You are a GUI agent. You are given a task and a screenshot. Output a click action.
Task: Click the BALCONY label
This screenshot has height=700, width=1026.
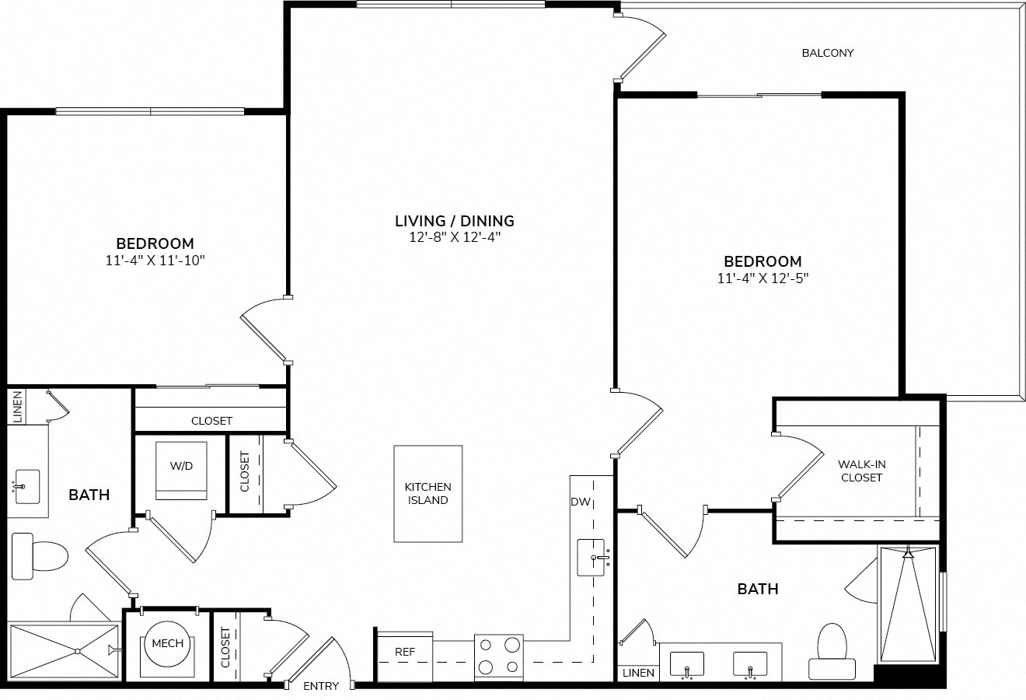click(828, 53)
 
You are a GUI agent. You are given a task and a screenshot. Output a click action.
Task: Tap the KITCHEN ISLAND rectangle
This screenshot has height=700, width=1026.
click(427, 494)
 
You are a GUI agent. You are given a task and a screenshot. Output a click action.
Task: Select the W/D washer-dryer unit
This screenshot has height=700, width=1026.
click(181, 471)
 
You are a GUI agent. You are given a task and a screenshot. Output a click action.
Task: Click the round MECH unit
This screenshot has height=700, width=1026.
click(167, 644)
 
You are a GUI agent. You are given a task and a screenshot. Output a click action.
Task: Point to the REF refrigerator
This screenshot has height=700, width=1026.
click(404, 656)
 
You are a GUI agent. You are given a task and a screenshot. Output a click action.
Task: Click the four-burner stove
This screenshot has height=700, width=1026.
click(499, 657)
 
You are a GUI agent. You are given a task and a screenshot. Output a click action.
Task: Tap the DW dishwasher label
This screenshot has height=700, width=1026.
click(581, 502)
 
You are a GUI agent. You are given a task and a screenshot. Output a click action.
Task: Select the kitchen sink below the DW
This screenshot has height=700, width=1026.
click(591, 558)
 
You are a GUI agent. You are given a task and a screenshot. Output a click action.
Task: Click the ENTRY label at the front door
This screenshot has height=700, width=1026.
click(321, 686)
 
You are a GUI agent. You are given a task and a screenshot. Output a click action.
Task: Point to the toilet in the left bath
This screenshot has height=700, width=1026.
click(40, 556)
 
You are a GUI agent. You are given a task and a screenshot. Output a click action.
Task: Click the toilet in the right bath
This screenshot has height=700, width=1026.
click(832, 652)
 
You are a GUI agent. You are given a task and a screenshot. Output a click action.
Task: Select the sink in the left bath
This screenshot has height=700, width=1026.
click(27, 486)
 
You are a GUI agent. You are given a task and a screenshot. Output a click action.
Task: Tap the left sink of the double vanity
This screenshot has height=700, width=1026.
click(686, 663)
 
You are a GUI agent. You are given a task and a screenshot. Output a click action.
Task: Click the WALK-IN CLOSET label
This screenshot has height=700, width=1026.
click(861, 471)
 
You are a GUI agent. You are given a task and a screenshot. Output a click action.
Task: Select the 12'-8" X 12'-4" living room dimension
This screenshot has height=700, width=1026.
click(455, 237)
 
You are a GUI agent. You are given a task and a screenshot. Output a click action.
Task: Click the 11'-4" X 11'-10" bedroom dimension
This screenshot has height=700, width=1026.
click(155, 261)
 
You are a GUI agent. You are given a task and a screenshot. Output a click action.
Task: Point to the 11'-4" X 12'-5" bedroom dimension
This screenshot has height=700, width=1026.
click(763, 278)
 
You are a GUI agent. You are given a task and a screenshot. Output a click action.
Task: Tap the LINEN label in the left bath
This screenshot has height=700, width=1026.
click(17, 407)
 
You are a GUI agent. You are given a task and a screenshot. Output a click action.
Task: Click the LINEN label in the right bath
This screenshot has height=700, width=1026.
click(638, 673)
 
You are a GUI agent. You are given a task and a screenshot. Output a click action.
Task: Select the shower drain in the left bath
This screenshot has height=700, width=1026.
click(78, 651)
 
